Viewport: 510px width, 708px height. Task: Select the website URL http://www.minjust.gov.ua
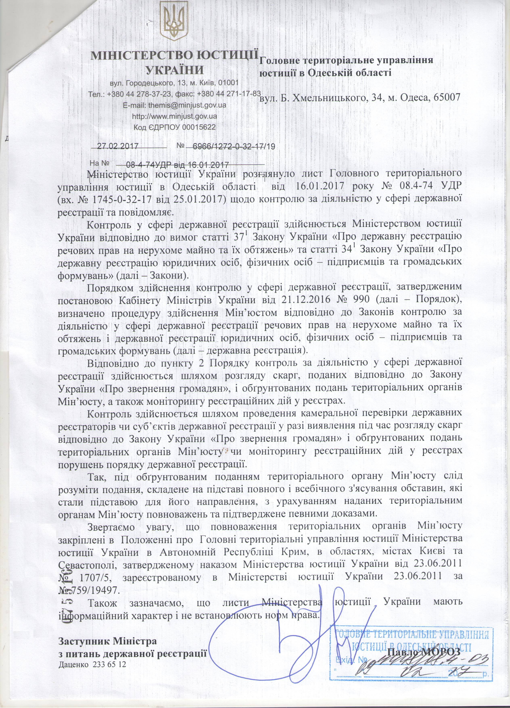(175, 116)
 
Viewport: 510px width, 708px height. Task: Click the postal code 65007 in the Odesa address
(446, 97)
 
